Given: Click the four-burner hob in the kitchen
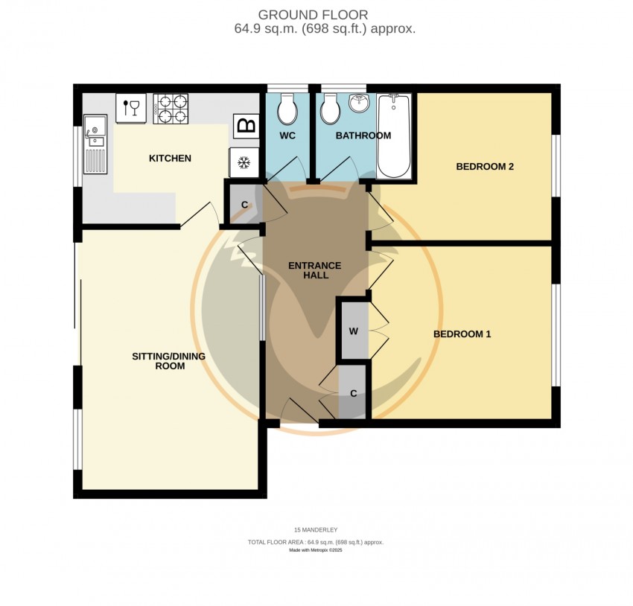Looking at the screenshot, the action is click(171, 109).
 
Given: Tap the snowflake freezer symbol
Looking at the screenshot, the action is click(244, 163).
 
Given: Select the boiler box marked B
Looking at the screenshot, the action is click(246, 126).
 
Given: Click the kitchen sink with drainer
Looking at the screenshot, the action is click(95, 144).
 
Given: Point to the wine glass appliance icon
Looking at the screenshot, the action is click(131, 108).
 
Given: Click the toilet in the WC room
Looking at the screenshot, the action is click(287, 108).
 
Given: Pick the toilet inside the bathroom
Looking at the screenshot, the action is click(331, 108).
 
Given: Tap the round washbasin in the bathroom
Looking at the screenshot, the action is click(359, 103).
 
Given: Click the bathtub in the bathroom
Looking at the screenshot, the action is click(394, 136).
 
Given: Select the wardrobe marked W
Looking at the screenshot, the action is click(354, 331).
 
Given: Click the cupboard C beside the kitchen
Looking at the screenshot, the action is click(244, 205).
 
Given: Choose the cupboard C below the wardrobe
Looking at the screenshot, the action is click(353, 392).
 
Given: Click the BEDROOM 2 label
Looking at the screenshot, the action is click(485, 167).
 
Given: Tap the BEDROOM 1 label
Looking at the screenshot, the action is click(462, 334).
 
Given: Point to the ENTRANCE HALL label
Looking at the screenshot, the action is click(315, 270).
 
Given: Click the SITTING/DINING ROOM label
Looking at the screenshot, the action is click(169, 361).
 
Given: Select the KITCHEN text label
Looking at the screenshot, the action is click(170, 158).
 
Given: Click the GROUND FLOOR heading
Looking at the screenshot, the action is click(313, 15).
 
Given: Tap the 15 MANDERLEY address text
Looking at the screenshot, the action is click(316, 530).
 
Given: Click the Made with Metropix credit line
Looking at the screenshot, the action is click(316, 550).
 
